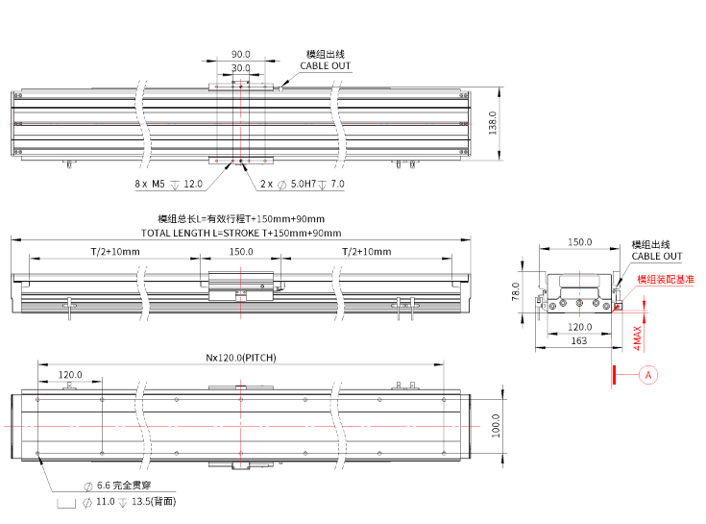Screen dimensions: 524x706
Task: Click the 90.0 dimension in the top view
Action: pyautogui.click(x=240, y=55)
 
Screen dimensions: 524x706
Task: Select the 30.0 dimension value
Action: pyautogui.click(x=240, y=68)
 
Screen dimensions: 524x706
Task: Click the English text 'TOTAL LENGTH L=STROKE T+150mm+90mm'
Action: pyautogui.click(x=240, y=233)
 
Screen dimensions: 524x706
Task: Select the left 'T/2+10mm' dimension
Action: pyautogui.click(x=115, y=251)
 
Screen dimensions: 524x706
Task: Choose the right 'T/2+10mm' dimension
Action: pyautogui.click(x=366, y=251)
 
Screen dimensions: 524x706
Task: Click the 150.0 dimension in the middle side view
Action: pyautogui.click(x=240, y=251)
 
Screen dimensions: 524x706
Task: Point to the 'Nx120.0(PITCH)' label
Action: pyautogui.click(x=241, y=357)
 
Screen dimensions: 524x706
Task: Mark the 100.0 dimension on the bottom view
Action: pyautogui.click(x=494, y=424)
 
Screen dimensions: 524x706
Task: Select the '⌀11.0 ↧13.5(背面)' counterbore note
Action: pyautogui.click(x=121, y=502)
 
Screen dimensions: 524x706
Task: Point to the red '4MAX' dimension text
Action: pyautogui.click(x=638, y=336)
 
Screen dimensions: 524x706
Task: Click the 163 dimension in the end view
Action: pyautogui.click(x=579, y=340)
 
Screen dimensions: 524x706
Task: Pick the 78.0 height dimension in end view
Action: pyautogui.click(x=516, y=291)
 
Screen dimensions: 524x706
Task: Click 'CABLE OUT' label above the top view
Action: pyautogui.click(x=325, y=66)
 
